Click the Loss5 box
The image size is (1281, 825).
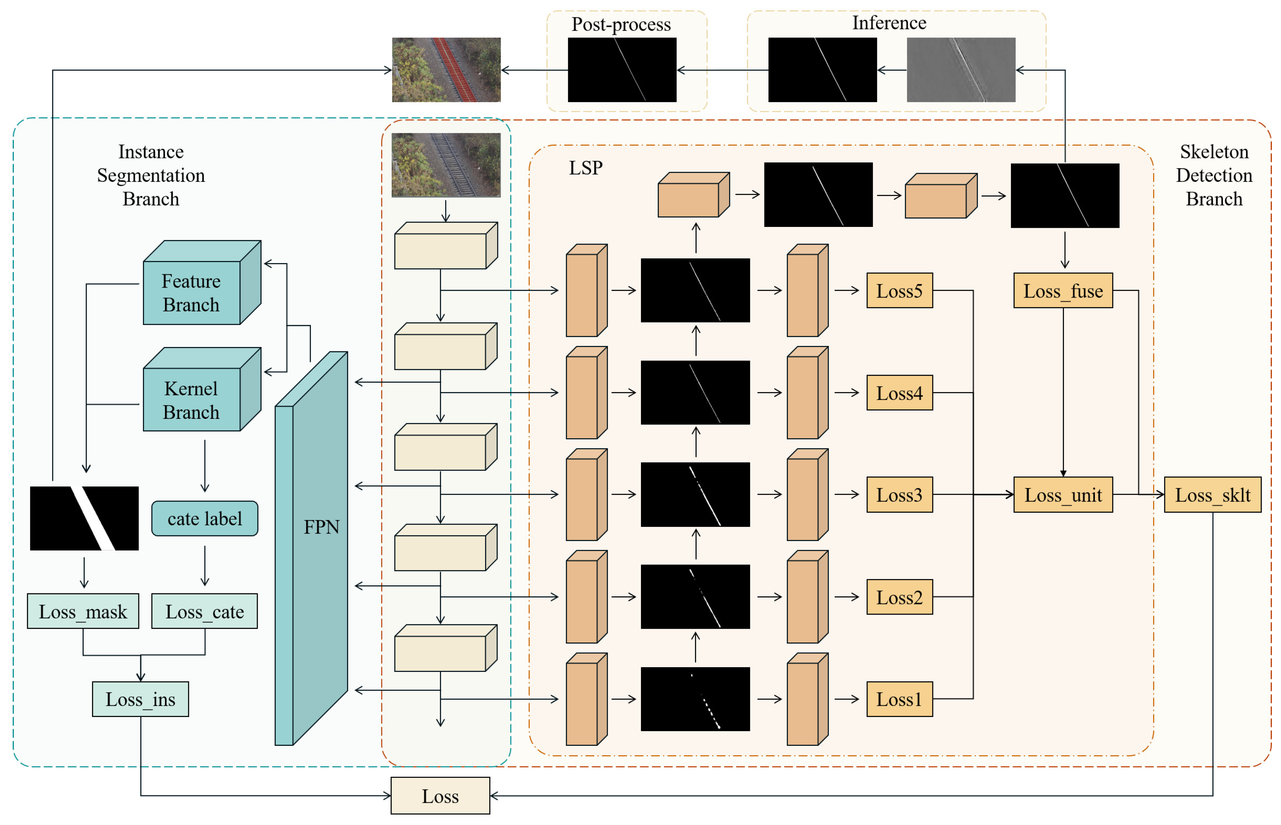pos(899,291)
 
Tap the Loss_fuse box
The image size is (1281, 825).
pos(1062,291)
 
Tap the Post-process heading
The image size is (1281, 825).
pos(621,24)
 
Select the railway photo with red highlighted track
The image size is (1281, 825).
pos(446,70)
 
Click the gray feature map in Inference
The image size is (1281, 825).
pos(961,70)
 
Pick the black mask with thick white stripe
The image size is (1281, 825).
pos(84,518)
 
